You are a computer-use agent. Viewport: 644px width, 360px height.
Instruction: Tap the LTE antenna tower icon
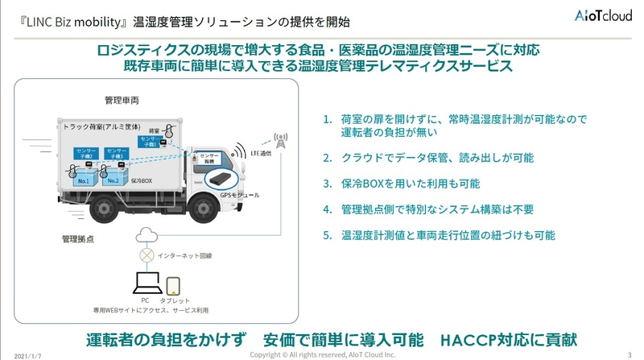pyautogui.click(x=279, y=142)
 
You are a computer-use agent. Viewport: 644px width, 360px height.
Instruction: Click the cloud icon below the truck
pyautogui.click(x=147, y=234)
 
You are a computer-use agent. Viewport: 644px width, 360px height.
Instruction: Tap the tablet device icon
pyautogui.click(x=174, y=286)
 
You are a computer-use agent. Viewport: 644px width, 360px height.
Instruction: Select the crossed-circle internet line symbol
pyautogui.click(x=147, y=255)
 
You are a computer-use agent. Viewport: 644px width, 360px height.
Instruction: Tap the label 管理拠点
pyautogui.click(x=80, y=239)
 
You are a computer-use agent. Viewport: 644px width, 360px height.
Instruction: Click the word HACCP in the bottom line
pyautogui.click(x=469, y=338)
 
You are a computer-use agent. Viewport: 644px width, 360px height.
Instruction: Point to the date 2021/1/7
pyautogui.click(x=27, y=354)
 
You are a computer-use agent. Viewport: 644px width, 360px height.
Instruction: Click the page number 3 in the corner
pyautogui.click(x=629, y=354)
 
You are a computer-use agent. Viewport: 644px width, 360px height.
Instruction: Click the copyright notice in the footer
pyautogui.click(x=323, y=354)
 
